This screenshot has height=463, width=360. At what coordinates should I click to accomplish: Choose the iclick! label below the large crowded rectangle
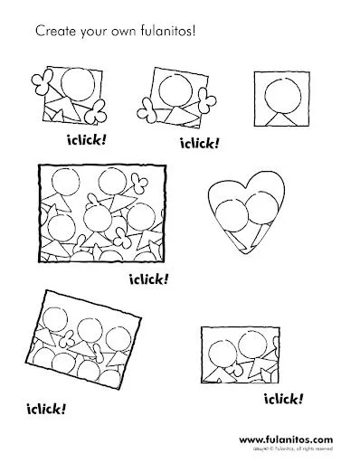149,278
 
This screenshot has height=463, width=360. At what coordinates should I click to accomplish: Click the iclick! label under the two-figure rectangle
282,399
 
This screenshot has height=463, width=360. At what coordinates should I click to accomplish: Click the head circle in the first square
73,87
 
